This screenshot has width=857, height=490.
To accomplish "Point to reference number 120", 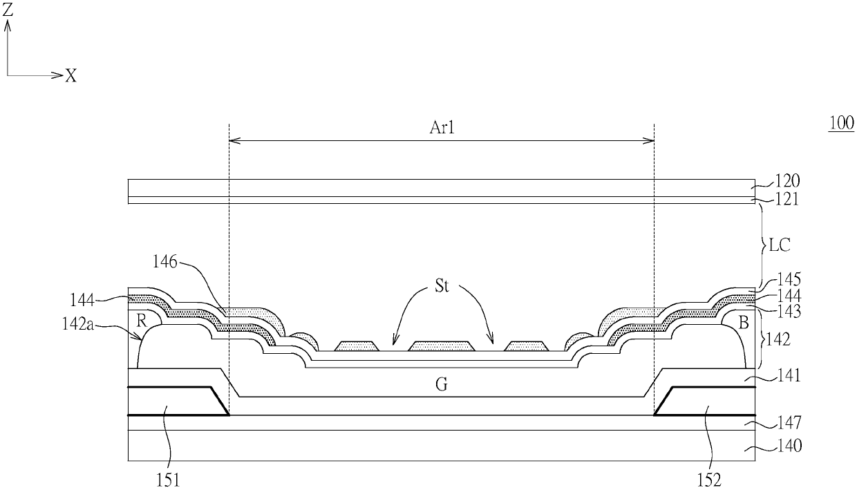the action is (788, 182).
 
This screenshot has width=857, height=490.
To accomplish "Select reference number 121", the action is (788, 200).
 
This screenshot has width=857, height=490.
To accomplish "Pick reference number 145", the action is (788, 280).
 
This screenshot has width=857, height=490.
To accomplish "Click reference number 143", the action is (788, 312).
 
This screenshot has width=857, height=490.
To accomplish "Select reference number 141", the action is (788, 376).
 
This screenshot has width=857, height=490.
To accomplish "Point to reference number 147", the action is (788, 422).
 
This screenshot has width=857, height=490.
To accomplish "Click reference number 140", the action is (788, 446).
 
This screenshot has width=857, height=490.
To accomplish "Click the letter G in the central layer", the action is (442, 384).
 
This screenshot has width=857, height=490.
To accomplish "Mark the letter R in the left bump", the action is (140, 321).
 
